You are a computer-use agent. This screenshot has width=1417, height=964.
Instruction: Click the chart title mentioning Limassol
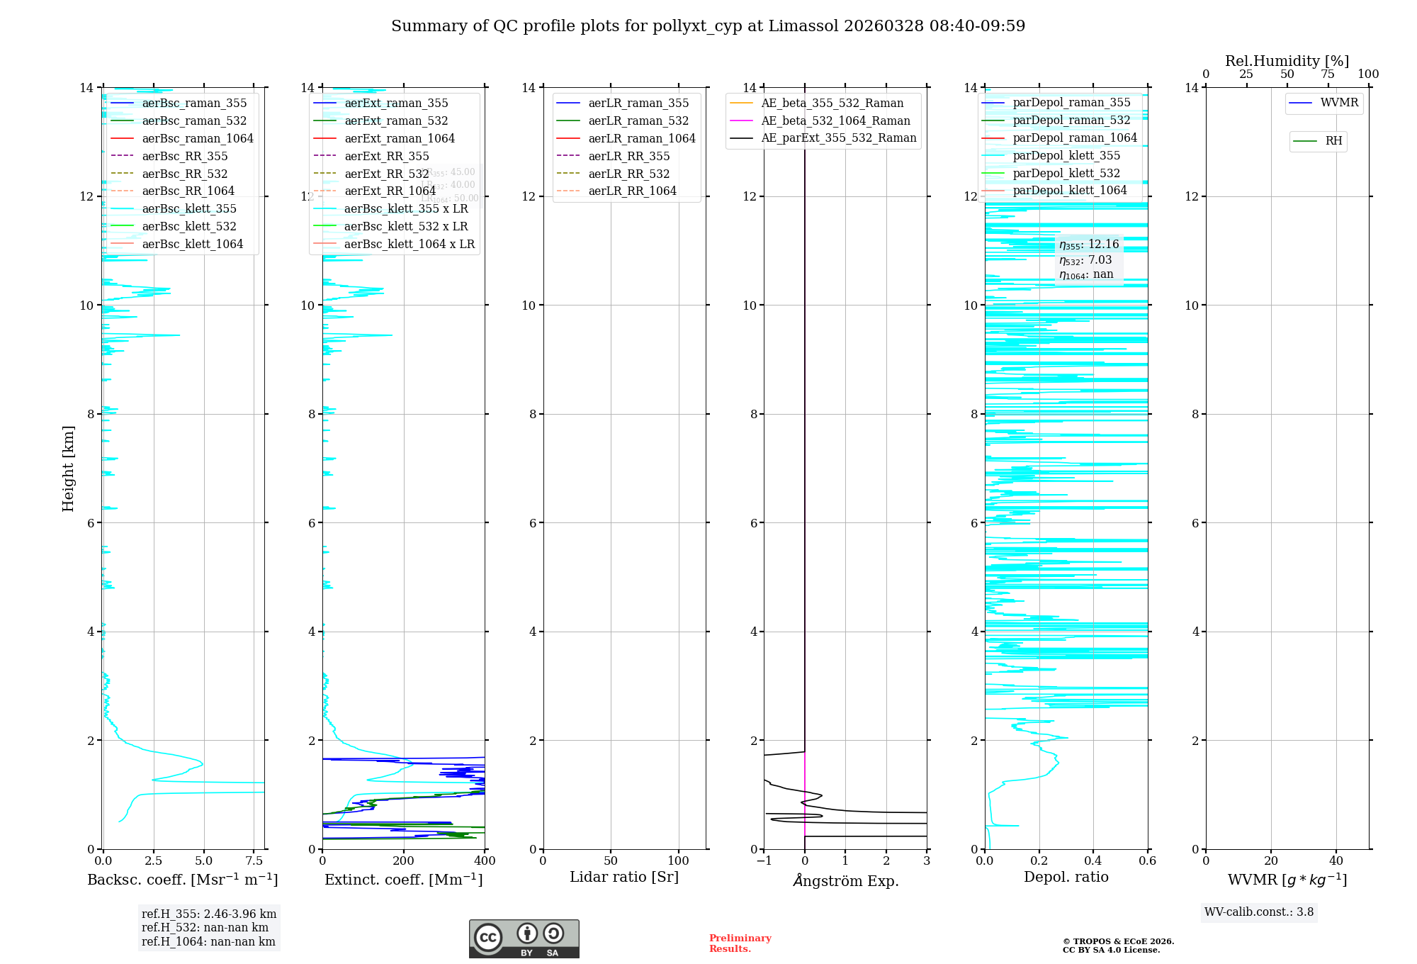(x=708, y=26)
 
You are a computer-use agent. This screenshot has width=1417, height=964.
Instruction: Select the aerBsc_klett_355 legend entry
(x=189, y=208)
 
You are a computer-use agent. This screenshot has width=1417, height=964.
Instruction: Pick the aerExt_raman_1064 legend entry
(x=400, y=138)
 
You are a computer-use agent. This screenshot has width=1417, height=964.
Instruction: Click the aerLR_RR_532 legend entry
(x=628, y=174)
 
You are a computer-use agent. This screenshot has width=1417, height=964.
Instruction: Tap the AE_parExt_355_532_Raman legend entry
(x=838, y=138)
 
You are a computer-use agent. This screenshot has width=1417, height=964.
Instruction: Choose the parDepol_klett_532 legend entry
(x=1066, y=173)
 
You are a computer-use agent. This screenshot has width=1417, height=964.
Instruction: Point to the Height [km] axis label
(x=68, y=469)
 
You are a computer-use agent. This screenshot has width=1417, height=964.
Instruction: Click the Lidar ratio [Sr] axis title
(x=624, y=877)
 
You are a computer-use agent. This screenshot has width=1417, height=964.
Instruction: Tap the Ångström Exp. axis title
(x=845, y=880)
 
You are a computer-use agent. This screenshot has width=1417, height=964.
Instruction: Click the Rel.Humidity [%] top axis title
(x=1287, y=61)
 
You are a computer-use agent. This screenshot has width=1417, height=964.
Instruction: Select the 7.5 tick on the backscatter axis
(x=254, y=861)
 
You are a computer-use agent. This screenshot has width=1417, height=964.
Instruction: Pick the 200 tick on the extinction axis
(x=404, y=861)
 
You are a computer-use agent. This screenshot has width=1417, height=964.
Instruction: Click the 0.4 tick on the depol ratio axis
(x=1093, y=861)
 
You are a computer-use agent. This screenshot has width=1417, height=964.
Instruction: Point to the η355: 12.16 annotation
(x=1089, y=245)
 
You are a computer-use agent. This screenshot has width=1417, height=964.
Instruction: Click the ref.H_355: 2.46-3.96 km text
(x=209, y=914)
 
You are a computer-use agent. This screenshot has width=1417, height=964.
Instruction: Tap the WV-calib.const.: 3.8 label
(x=1259, y=912)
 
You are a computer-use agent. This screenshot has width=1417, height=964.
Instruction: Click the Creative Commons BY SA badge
(x=524, y=938)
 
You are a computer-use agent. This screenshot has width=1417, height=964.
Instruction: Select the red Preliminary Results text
(x=740, y=943)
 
